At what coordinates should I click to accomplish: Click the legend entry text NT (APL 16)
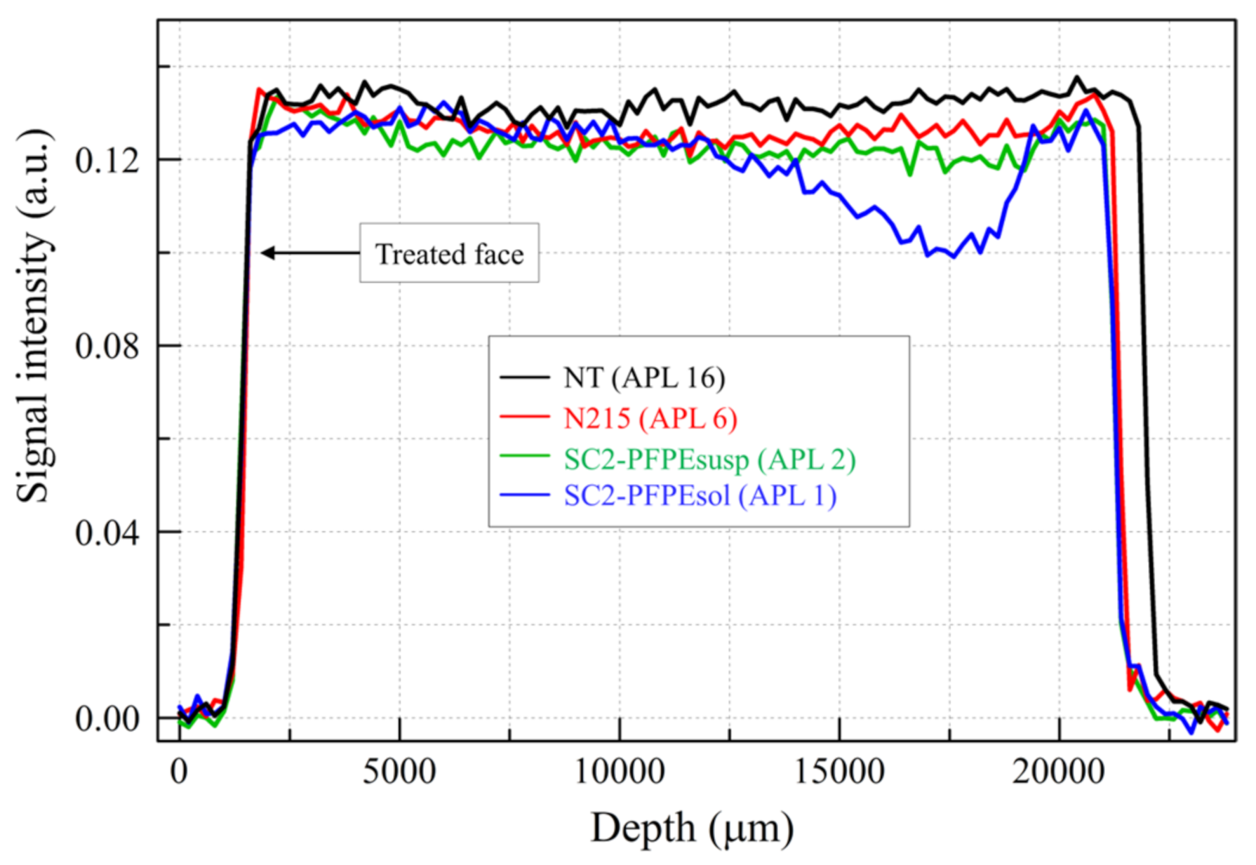tap(643, 378)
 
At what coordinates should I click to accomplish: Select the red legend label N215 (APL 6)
tap(650, 419)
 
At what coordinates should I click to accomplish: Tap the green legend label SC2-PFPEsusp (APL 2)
tap(709, 460)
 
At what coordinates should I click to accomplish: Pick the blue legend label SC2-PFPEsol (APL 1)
tap(700, 496)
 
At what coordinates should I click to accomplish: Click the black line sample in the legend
tap(524, 378)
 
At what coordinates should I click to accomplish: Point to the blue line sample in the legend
tap(524, 496)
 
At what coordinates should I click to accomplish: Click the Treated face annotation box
tap(449, 253)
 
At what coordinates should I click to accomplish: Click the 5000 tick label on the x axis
tap(399, 772)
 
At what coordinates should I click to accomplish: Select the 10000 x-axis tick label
tap(619, 772)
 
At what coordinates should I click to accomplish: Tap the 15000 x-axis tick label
tap(839, 772)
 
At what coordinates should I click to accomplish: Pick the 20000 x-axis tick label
tap(1058, 772)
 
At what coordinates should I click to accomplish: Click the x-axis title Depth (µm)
tap(692, 829)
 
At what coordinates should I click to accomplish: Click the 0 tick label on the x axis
tap(180, 772)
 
